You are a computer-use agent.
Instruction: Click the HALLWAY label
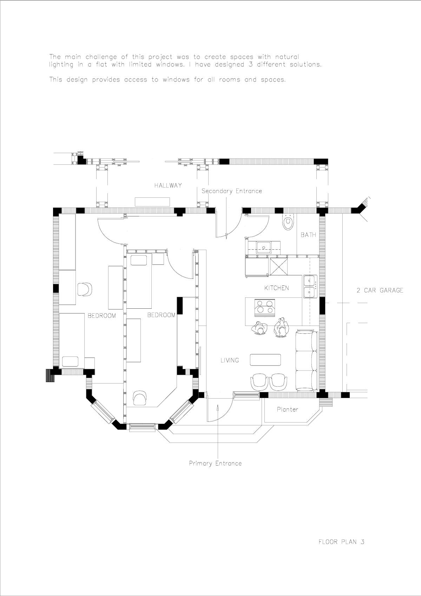[168, 185]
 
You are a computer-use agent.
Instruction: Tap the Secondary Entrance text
[232, 191]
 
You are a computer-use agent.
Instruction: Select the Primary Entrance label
[215, 463]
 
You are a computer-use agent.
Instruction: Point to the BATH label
[308, 235]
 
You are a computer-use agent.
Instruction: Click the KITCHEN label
[277, 288]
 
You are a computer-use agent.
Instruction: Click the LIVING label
[230, 360]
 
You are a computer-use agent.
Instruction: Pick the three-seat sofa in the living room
[307, 360]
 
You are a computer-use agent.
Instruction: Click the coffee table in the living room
[265, 360]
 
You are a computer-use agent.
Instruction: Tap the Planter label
[287, 410]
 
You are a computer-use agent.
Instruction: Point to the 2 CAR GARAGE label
[380, 290]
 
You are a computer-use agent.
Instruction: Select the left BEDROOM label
[101, 316]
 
